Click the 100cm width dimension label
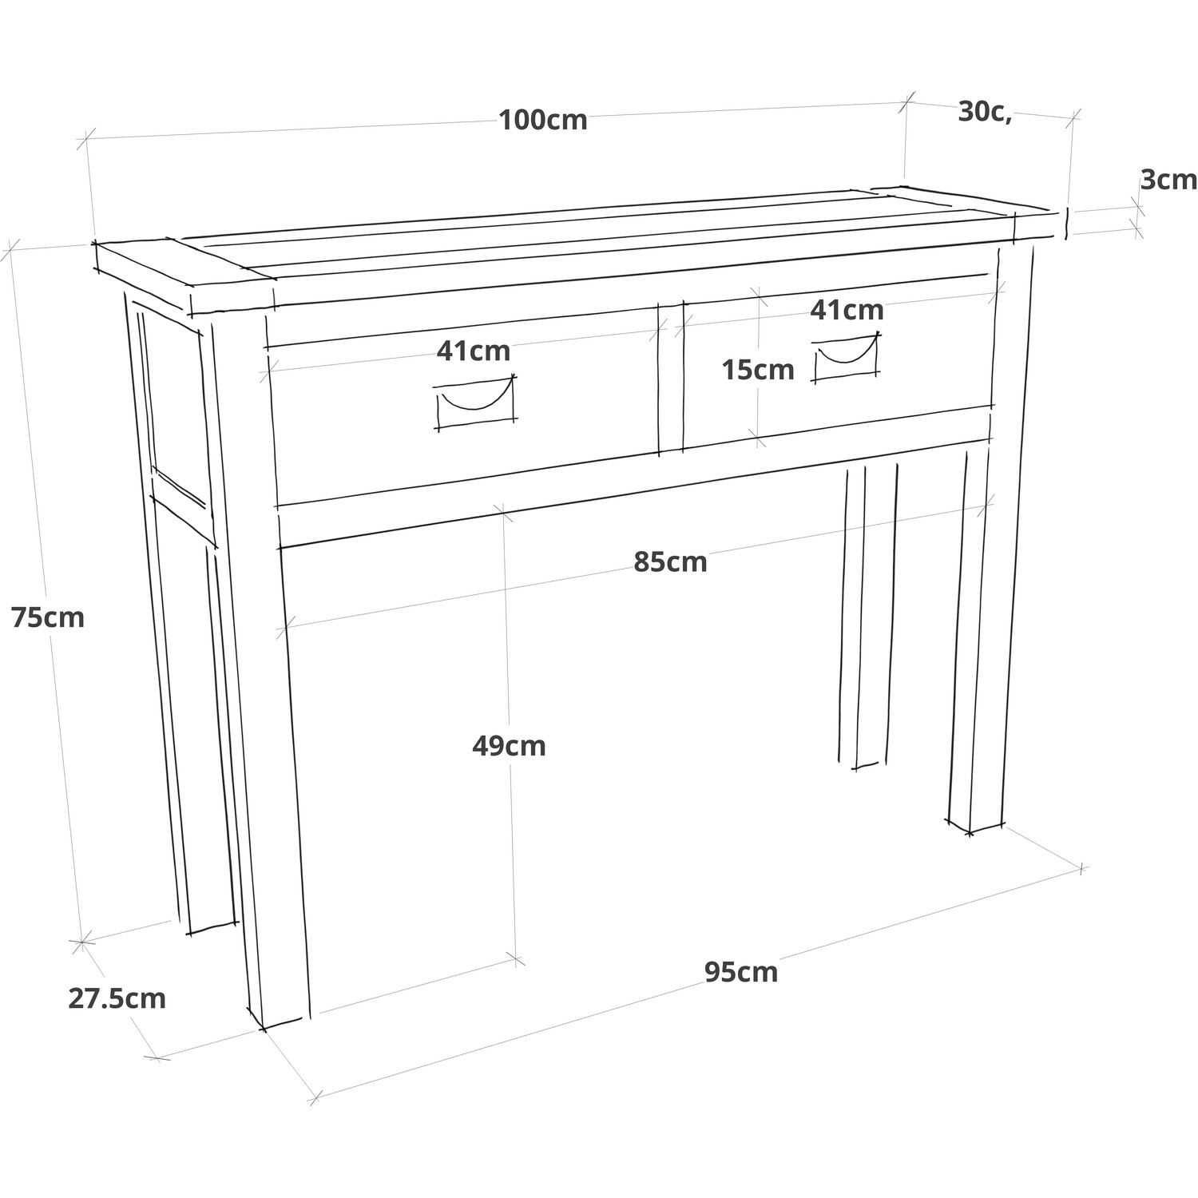543,120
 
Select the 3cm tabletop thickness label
1168,180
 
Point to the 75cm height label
48,617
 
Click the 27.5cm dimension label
117,998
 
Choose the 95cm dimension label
741,972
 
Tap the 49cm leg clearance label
509,746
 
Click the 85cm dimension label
671,562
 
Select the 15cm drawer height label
758,370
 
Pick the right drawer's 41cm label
847,310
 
